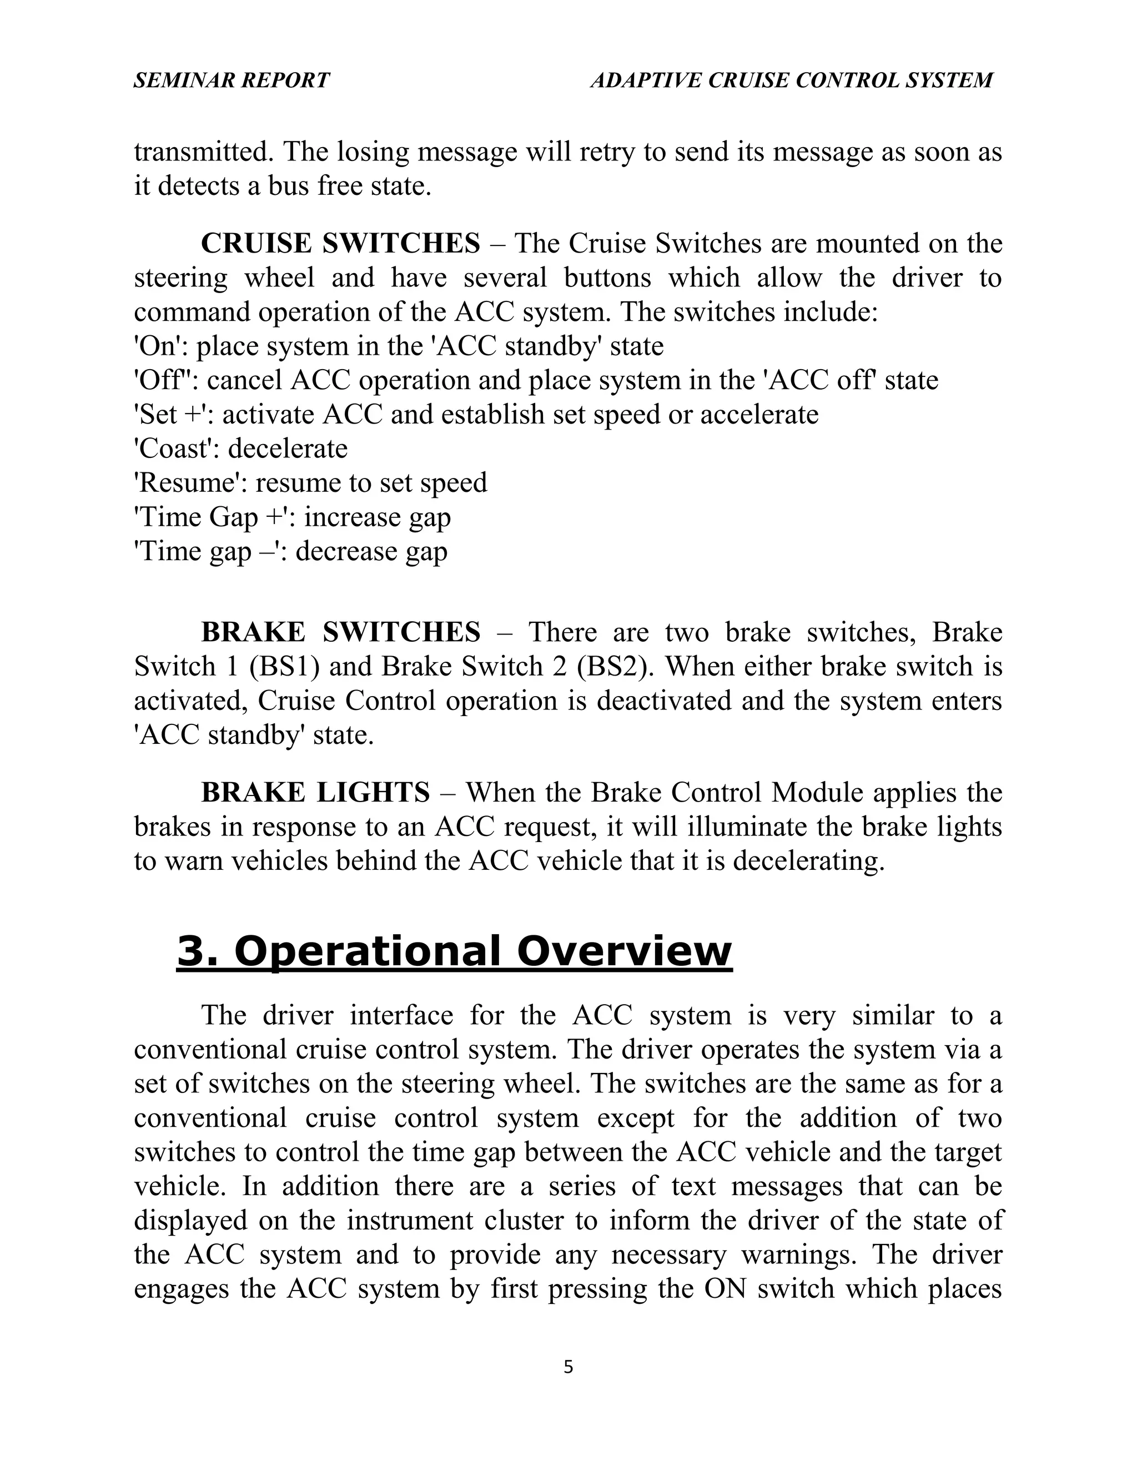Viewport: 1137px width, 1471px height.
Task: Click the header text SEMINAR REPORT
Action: coord(231,80)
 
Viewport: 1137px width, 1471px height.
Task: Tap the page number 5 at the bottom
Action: coord(568,1367)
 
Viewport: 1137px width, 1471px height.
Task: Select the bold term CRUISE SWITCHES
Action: coord(340,243)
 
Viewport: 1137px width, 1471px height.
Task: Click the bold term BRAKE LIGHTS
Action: coord(315,792)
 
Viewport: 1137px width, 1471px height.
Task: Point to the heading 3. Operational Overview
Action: coord(454,950)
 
